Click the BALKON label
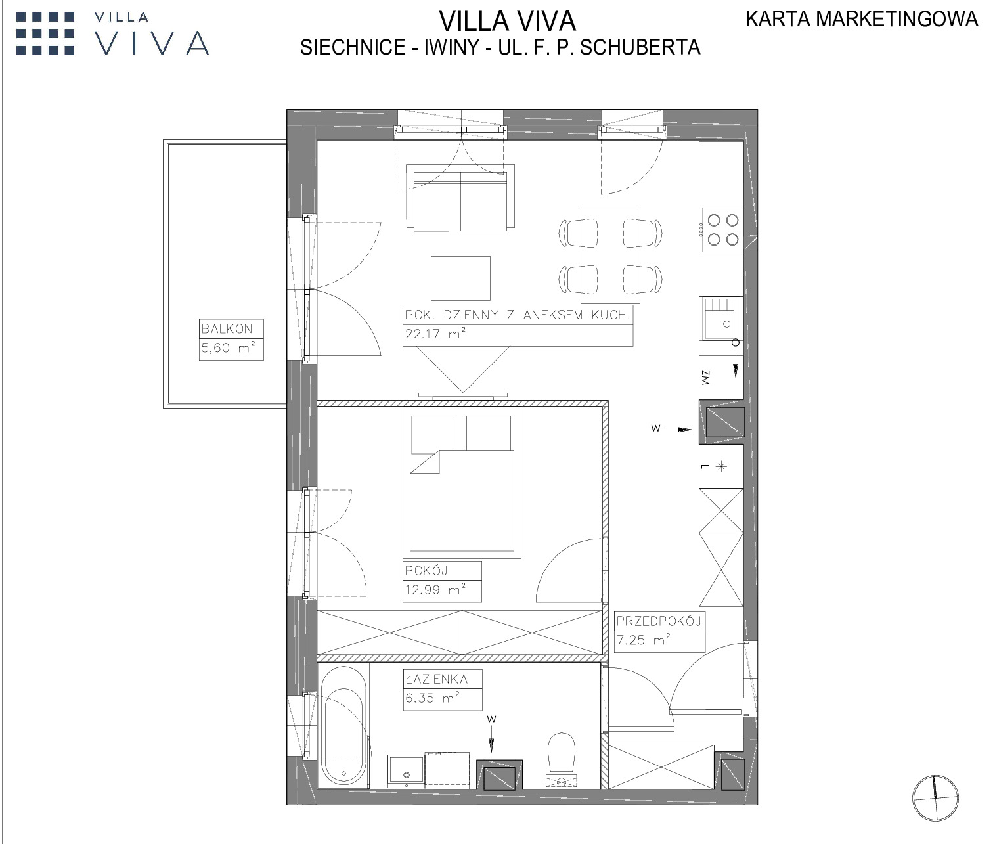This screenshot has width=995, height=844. [227, 329]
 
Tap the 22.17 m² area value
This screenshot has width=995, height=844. [435, 333]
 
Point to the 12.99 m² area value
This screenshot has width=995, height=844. [435, 589]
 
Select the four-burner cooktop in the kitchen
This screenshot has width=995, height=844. [720, 230]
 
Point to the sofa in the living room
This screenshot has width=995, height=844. [460, 198]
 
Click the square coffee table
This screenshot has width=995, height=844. [460, 278]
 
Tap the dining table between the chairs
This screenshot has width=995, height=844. [610, 255]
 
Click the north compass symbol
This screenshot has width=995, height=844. [935, 798]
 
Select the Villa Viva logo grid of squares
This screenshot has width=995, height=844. [45, 33]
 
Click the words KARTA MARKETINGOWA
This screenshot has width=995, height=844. [862, 19]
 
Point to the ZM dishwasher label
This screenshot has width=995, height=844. [706, 378]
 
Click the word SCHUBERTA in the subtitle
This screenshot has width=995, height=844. [640, 47]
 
